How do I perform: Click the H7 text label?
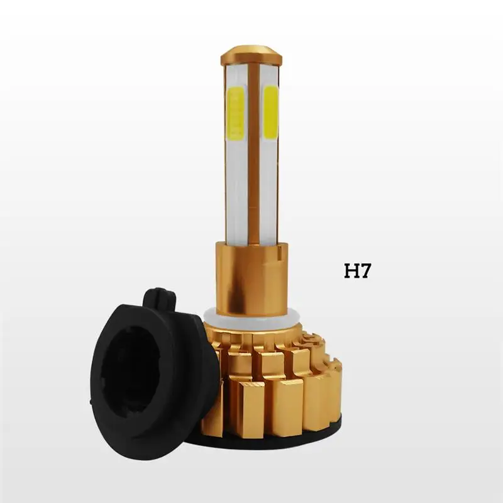pos(357,271)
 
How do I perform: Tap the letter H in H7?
pos(351,271)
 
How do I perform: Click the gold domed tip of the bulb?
pos(251,55)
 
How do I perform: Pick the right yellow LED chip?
pos(270,113)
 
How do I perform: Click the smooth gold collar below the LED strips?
pos(251,279)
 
